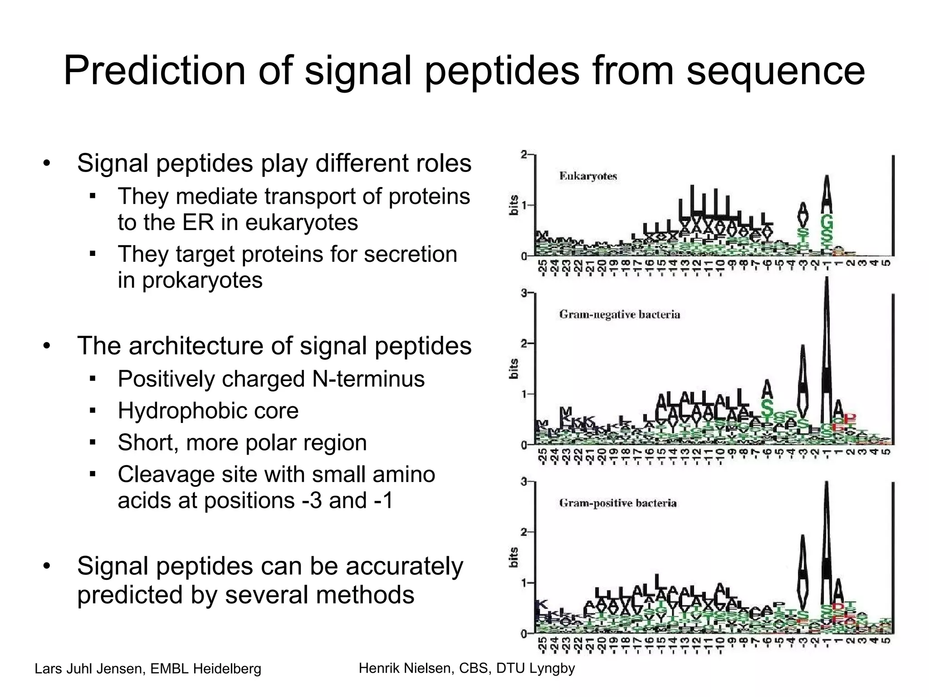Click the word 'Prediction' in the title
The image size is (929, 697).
tap(154, 71)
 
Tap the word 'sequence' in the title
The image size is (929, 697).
tap(776, 71)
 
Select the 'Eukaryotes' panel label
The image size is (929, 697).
tap(588, 176)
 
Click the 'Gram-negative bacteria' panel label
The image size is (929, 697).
tap(620, 314)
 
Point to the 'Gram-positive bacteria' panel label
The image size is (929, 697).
tap(618, 503)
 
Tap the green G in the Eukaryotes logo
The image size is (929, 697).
tap(827, 223)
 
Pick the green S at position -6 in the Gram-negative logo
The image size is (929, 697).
tap(767, 407)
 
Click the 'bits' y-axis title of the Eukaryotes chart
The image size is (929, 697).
tap(513, 205)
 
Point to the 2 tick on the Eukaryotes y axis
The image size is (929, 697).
tap(524, 155)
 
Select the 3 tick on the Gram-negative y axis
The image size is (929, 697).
tap(524, 294)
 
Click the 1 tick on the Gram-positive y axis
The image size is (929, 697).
tap(524, 583)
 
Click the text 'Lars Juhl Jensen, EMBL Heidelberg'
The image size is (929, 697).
tap(148, 669)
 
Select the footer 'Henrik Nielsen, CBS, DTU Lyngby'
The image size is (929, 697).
tap(467, 668)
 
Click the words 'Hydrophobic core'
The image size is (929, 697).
tap(208, 411)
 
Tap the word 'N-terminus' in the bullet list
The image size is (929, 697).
tap(368, 379)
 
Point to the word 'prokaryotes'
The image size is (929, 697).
tap(202, 280)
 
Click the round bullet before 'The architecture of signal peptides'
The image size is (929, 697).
tap(47, 347)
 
